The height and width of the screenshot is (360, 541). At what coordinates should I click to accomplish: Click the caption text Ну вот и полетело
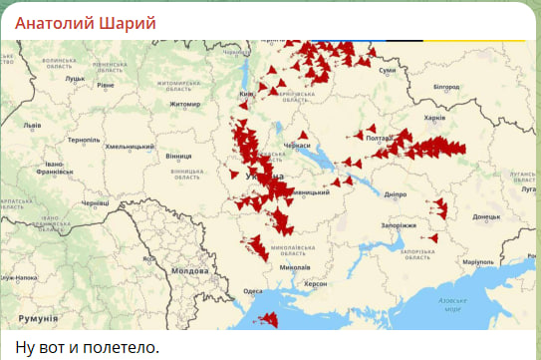coord(88,346)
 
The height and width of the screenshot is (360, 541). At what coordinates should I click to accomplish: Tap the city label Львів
coord(32,126)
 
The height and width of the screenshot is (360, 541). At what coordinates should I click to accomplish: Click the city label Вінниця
coord(178,157)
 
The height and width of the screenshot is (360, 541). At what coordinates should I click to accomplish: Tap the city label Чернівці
coord(96,202)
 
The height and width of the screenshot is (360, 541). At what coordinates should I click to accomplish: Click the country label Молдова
coord(189,270)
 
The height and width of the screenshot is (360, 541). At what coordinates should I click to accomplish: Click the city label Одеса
coord(253,291)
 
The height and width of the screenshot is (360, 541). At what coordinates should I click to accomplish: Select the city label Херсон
coord(316,284)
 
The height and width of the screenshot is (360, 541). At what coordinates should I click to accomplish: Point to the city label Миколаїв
coord(295,267)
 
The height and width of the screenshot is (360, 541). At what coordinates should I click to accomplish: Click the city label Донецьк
coord(486,215)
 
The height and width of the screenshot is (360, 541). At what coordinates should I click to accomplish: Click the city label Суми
coord(389,70)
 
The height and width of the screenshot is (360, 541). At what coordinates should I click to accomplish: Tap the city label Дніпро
coord(395,194)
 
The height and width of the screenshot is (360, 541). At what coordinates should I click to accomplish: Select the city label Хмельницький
coord(127,147)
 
